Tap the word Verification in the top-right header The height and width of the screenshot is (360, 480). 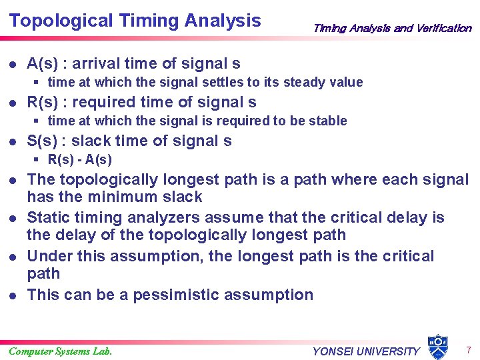tap(443, 28)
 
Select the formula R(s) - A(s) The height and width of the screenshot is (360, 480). tap(80, 159)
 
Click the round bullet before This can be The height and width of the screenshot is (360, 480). tap(13, 295)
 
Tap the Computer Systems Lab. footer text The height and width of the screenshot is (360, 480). tap(60, 351)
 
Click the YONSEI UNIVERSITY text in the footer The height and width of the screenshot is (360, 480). tap(366, 351)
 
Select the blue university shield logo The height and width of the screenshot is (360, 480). tap(437, 346)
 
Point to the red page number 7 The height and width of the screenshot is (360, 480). tap(468, 349)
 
